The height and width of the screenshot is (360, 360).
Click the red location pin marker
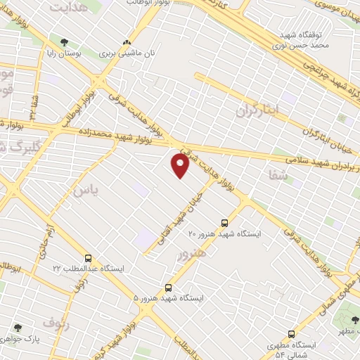[x=180, y=166]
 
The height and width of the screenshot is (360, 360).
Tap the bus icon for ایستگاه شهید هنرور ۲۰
[x=224, y=221]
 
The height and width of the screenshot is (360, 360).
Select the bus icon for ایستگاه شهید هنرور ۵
[x=167, y=288]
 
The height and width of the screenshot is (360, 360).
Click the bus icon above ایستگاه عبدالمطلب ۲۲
[x=88, y=258]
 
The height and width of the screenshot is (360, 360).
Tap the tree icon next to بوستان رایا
[x=65, y=43]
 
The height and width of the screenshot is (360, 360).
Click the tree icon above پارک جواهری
[x=18, y=328]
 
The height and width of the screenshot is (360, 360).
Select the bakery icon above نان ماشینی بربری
[x=127, y=43]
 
